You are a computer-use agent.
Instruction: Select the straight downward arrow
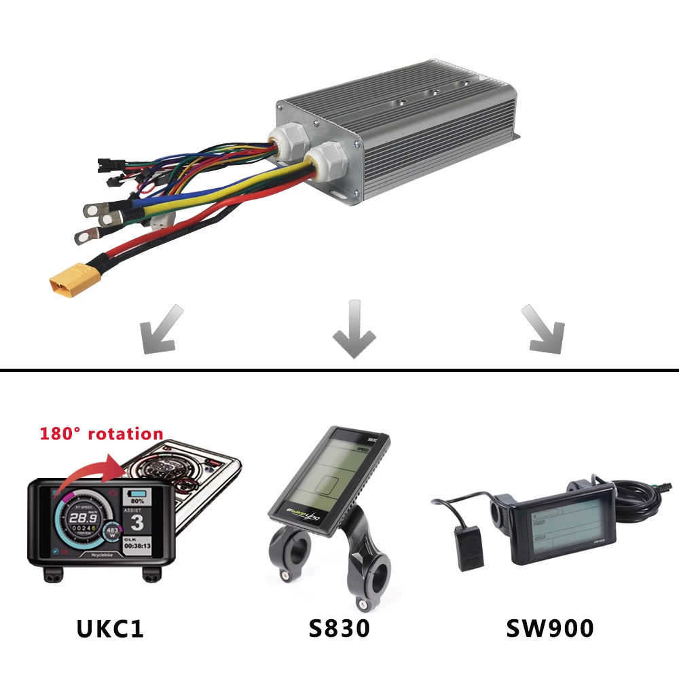pyautogui.click(x=354, y=329)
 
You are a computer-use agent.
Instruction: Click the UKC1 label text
pyautogui.click(x=110, y=628)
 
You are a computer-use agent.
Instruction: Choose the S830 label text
pyautogui.click(x=339, y=628)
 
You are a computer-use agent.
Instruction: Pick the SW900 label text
pyautogui.click(x=550, y=628)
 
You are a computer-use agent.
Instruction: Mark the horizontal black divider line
pyautogui.click(x=339, y=370)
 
